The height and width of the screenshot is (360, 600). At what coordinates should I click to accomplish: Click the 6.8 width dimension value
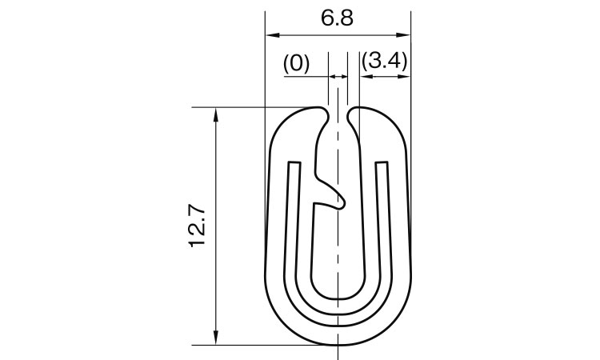pos(337,18)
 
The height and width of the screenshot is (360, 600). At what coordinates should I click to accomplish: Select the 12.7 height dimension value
pos(198,226)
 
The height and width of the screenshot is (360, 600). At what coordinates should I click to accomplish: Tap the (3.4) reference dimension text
pos(384,61)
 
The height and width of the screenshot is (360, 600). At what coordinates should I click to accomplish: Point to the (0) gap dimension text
pos(296,63)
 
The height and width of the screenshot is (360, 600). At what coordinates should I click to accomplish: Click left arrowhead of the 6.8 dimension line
pos(272,35)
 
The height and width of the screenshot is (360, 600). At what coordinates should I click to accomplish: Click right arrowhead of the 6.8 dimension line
pos(404,35)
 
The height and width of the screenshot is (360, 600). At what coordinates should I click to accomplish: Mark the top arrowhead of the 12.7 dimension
pos(216,114)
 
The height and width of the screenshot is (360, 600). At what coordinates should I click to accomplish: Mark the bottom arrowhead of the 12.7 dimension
pos(216,338)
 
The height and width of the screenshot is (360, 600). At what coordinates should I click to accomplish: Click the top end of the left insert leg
pos(294,162)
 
